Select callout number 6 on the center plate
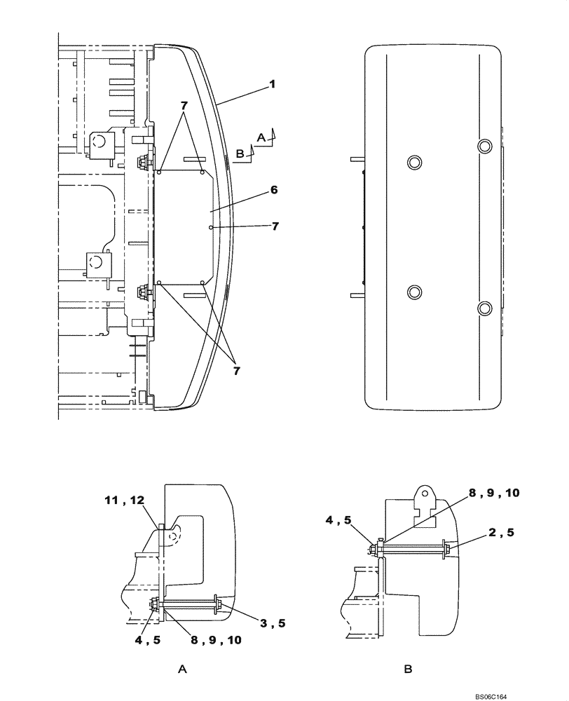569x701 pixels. point(274,189)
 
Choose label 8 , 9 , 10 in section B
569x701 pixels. point(494,494)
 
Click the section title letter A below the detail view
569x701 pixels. point(182,670)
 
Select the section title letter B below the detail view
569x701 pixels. point(408,670)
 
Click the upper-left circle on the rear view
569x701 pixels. point(414,163)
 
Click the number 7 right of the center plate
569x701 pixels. point(275,226)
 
